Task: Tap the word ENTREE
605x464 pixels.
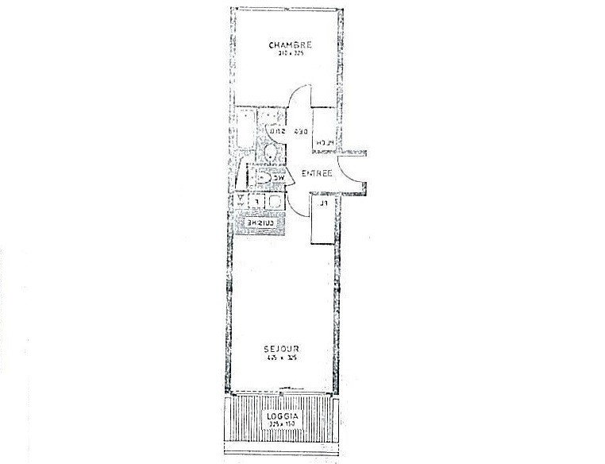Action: [317, 172]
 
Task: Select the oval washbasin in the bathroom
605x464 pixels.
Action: [271, 152]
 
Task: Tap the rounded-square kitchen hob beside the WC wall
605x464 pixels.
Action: [275, 202]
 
